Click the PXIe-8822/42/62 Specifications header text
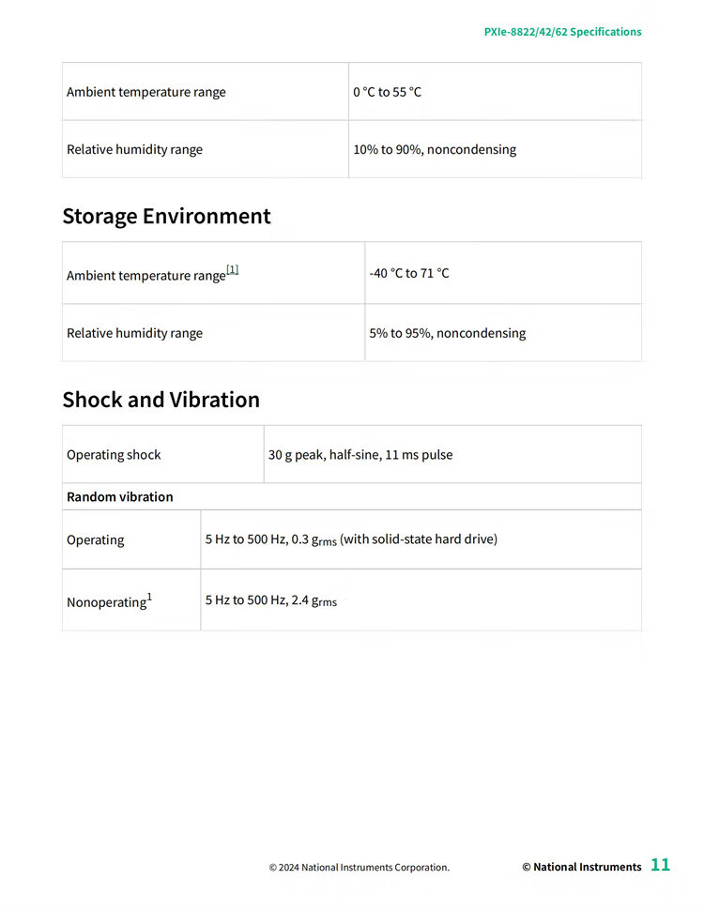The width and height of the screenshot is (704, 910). pyautogui.click(x=562, y=32)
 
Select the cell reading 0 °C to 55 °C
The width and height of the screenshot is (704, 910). pyautogui.click(x=387, y=92)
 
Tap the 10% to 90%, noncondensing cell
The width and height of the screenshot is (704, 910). pyautogui.click(x=434, y=149)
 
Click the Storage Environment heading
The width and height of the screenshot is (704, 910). pyautogui.click(x=166, y=217)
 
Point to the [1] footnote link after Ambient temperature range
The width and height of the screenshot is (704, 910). pyautogui.click(x=233, y=270)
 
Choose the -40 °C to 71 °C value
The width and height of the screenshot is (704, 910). pyautogui.click(x=408, y=273)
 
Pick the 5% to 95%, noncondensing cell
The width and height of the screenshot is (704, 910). pyautogui.click(x=447, y=333)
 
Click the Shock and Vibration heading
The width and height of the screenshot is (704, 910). pyautogui.click(x=161, y=400)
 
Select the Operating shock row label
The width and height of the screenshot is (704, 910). pyautogui.click(x=114, y=455)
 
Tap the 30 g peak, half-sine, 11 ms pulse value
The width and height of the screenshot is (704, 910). pyautogui.click(x=360, y=455)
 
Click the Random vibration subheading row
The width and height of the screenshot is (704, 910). pyautogui.click(x=120, y=497)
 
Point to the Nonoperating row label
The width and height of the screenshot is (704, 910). pyautogui.click(x=107, y=601)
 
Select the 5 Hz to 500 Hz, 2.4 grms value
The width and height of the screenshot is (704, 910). pyautogui.click(x=270, y=600)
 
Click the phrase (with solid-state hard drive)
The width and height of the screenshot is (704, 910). pyautogui.click(x=419, y=539)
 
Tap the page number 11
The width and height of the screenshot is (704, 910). pyautogui.click(x=661, y=865)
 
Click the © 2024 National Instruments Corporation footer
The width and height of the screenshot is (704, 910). pyautogui.click(x=359, y=868)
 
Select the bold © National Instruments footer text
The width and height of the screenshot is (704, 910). pyautogui.click(x=581, y=868)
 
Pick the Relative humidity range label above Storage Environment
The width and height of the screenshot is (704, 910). pyautogui.click(x=134, y=149)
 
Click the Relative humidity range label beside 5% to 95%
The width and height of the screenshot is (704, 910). pyautogui.click(x=134, y=333)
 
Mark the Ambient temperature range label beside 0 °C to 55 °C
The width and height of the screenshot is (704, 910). pyautogui.click(x=145, y=92)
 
